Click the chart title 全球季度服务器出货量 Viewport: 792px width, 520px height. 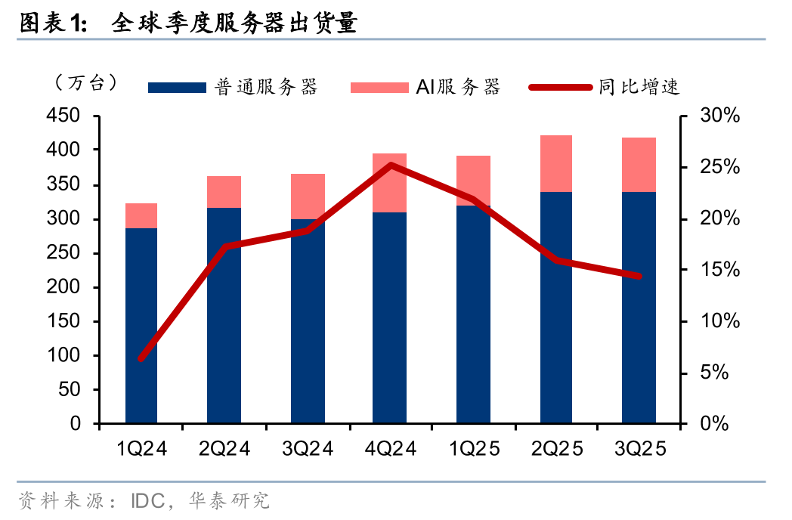[x=234, y=24]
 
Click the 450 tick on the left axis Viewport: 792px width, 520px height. [x=64, y=116]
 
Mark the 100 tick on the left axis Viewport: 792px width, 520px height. [x=64, y=356]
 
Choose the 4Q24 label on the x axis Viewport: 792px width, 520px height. [x=390, y=449]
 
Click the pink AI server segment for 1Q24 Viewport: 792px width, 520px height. [x=141, y=215]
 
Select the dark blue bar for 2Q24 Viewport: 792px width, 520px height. [x=224, y=317]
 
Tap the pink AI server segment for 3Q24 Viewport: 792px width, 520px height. [x=307, y=197]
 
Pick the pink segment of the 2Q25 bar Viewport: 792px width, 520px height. [x=555, y=163]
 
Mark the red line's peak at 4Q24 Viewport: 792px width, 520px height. [x=390, y=164]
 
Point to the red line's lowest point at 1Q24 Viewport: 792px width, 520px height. [x=141, y=358]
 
